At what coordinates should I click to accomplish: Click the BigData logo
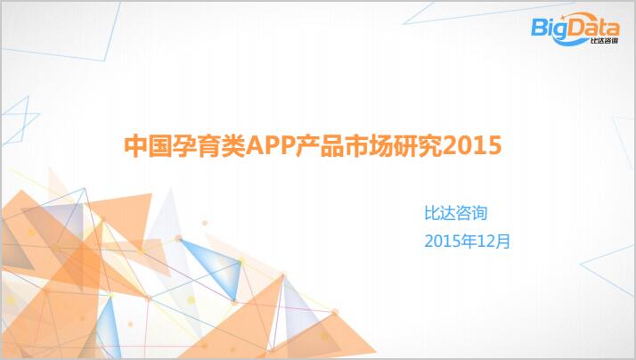tap(575, 29)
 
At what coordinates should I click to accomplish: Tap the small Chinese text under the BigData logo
tap(605, 41)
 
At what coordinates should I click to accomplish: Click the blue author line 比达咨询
tap(455, 213)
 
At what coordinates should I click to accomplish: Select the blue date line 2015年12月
tap(468, 241)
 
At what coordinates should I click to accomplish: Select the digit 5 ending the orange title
tap(495, 146)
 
